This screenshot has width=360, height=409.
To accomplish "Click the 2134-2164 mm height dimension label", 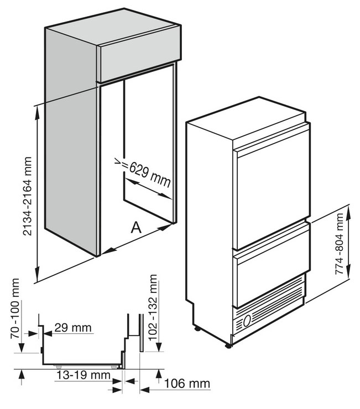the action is point(28,196).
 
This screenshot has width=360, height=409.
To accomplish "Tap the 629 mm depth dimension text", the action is point(150,174).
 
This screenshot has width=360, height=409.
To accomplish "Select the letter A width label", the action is point(136,227).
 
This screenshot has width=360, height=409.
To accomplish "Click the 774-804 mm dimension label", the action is point(339,244).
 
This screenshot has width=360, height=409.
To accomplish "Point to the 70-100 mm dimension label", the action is point(15,308).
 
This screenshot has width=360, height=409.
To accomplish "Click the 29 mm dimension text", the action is point(74,328).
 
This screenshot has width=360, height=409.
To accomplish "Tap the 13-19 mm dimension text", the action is point(84,375).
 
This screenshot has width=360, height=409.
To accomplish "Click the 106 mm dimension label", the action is point(187,384).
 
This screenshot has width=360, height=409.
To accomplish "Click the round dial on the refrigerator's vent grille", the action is point(247,320).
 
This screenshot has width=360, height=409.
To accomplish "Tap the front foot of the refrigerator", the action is point(228,346).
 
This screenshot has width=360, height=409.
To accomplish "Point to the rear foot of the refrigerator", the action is point(197,329).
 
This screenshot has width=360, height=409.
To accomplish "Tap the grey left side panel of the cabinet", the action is point(71,141).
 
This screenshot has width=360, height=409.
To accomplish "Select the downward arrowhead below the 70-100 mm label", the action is point(22,347).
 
